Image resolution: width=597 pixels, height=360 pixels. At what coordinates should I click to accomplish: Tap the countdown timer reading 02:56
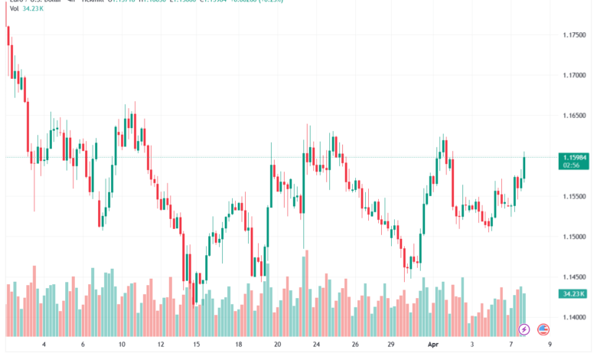pyautogui.click(x=570, y=165)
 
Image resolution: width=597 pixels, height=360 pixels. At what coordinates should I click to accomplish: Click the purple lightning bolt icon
pyautogui.click(x=524, y=329)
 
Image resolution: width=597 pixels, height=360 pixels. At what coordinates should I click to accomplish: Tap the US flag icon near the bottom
pyautogui.click(x=543, y=329)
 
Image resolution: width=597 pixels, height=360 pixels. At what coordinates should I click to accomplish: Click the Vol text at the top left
pyautogui.click(x=12, y=9)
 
